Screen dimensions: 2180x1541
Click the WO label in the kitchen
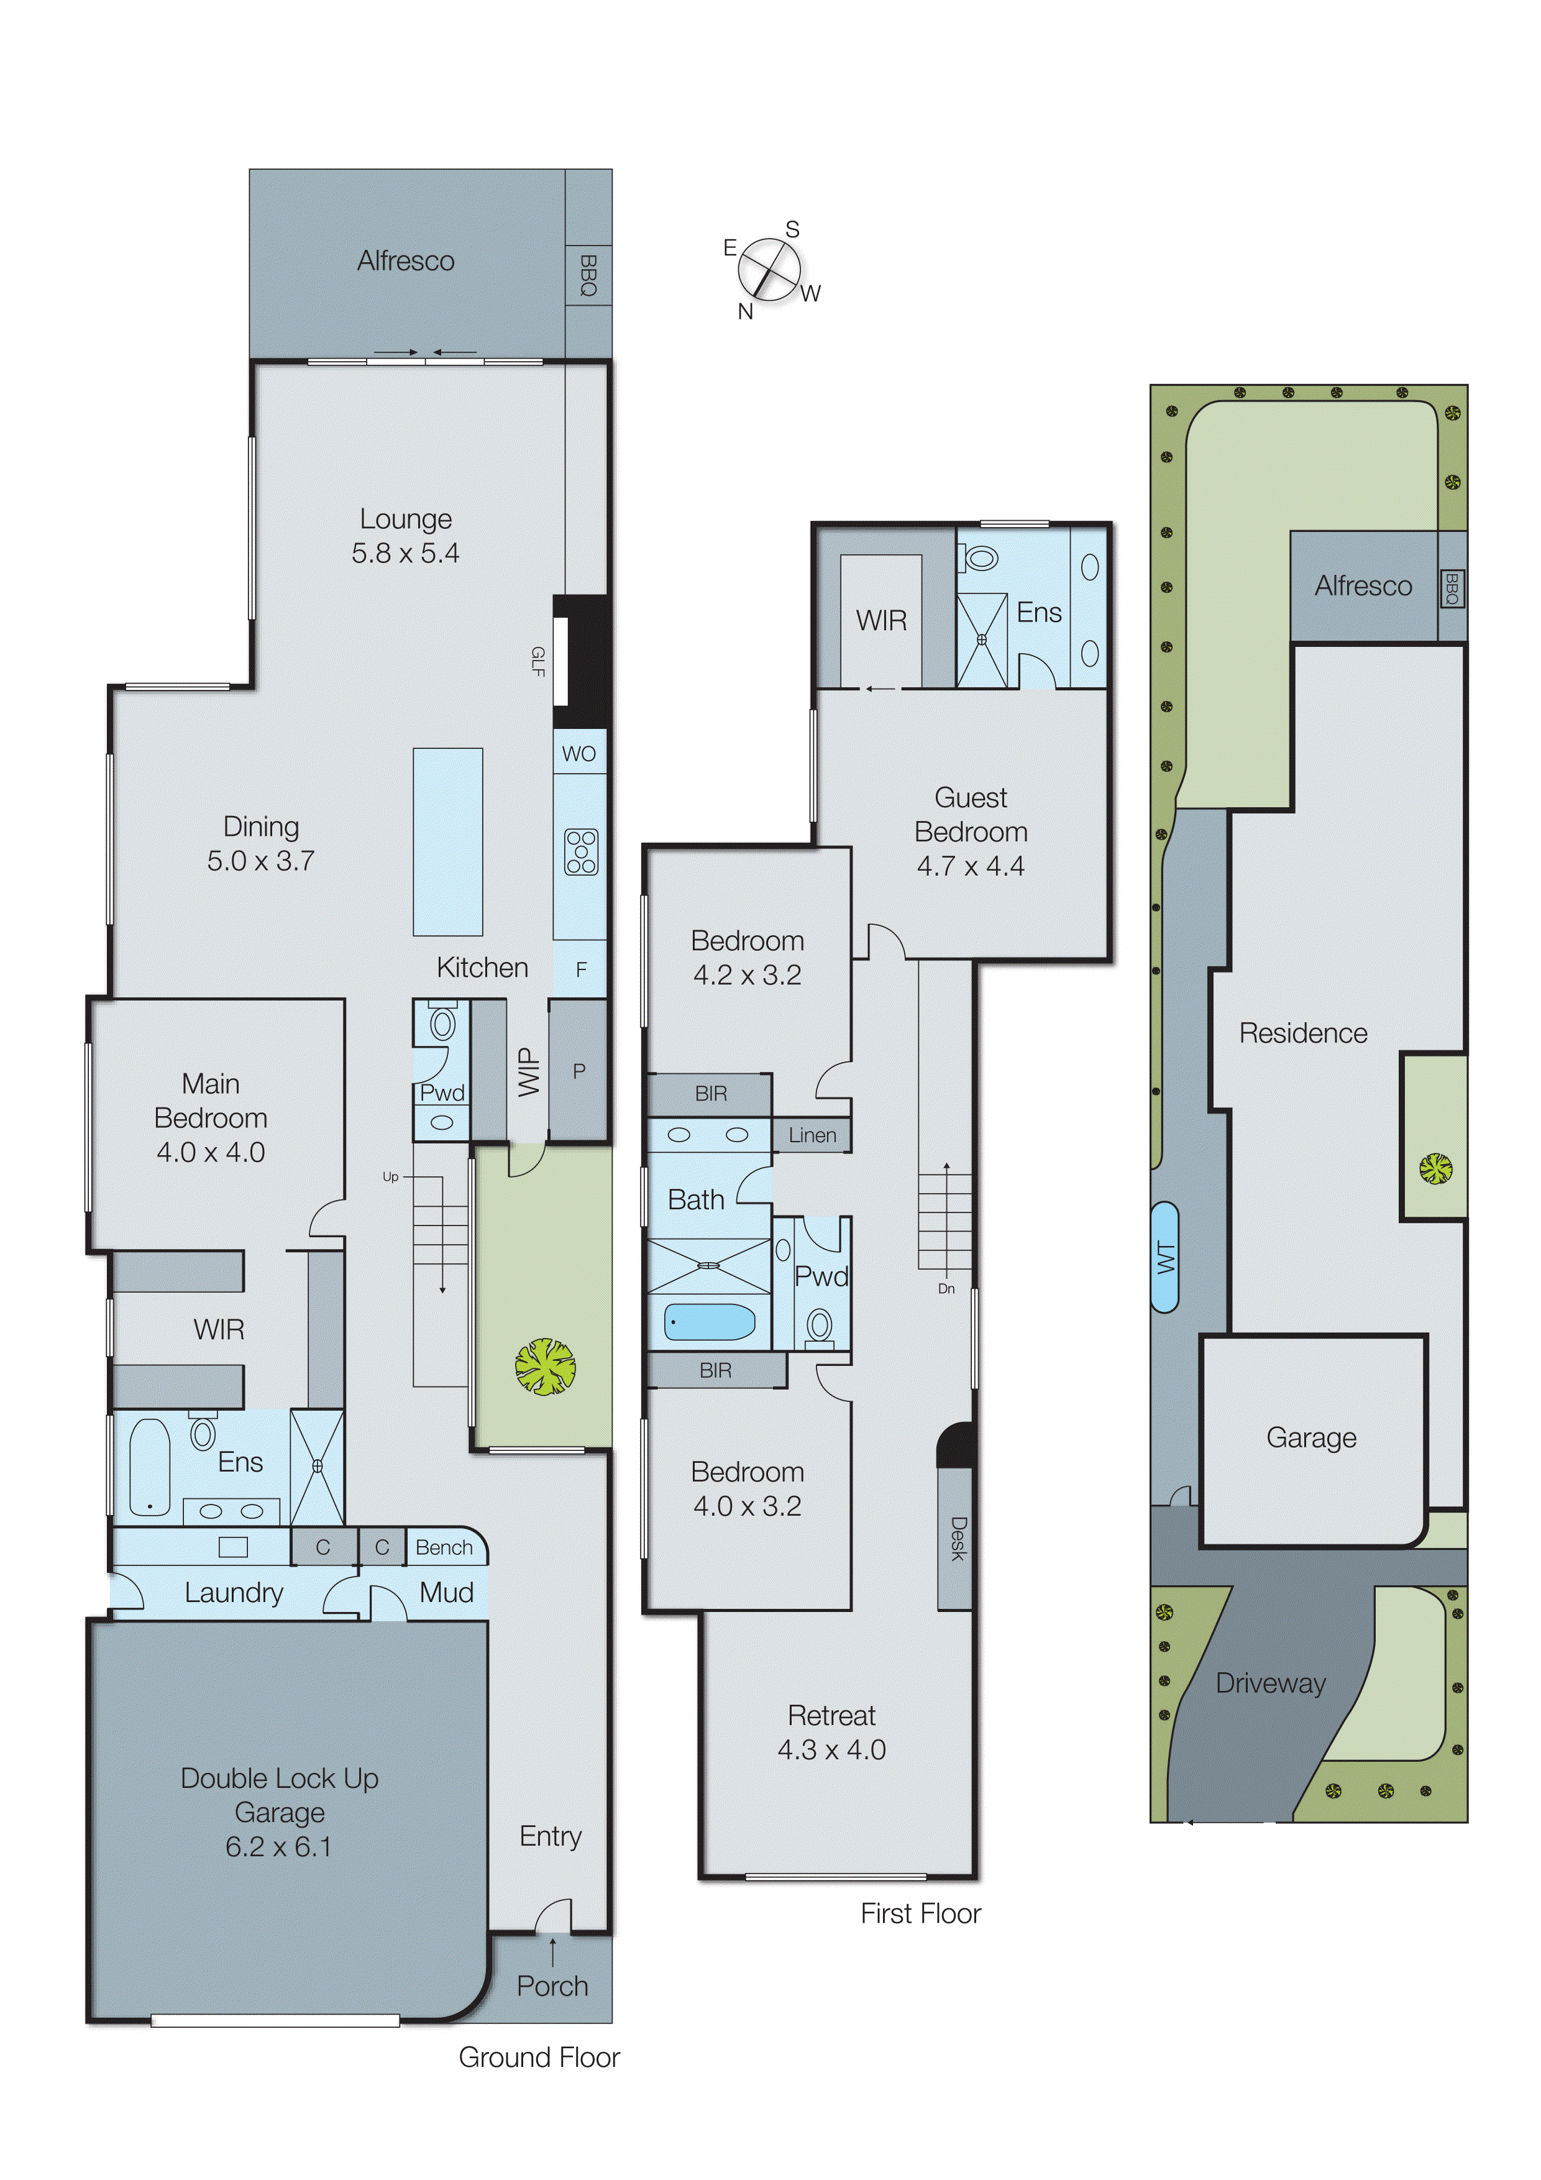579,754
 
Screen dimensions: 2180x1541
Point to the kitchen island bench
447,841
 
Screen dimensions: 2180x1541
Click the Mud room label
446,1592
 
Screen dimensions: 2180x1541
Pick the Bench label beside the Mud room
444,1547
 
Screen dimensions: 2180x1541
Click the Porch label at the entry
552,1985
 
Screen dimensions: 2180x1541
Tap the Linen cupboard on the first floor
812,1135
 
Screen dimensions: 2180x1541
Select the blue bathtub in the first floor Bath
709,1321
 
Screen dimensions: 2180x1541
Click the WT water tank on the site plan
1165,1258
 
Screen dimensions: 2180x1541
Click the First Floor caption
920,1913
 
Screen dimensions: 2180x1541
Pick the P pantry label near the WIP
578,1071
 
